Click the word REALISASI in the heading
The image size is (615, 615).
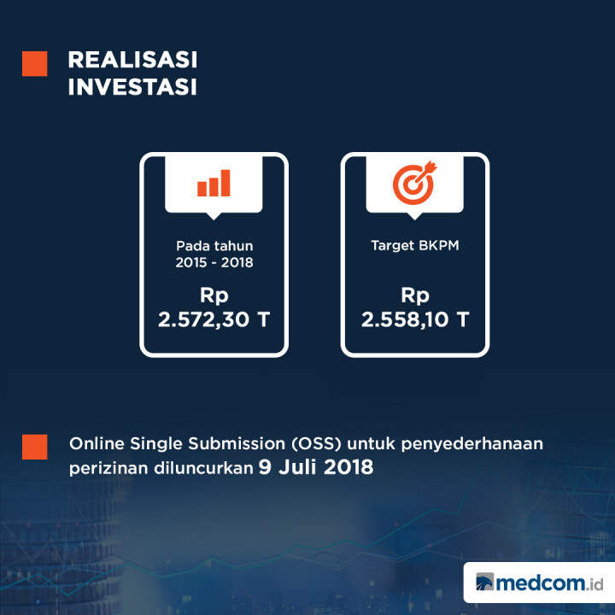132,60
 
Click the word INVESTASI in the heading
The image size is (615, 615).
132,87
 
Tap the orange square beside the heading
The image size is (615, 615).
35,63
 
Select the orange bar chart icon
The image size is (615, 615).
214,183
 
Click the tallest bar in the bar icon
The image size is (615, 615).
225,181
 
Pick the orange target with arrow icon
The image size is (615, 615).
414,182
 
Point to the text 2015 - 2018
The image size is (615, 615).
214,263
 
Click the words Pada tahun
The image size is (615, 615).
214,245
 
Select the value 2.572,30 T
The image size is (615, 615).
214,320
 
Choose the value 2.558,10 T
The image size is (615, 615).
415,320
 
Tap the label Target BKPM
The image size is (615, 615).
415,245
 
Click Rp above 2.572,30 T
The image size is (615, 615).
214,296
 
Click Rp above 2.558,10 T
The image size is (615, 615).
415,296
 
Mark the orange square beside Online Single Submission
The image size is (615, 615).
35,447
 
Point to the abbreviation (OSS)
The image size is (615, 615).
319,445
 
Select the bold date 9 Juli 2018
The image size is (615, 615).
316,468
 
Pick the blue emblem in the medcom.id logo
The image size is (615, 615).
484,583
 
